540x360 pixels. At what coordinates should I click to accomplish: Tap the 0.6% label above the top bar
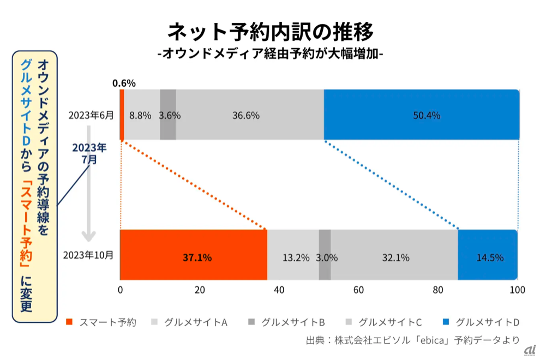coord(124,83)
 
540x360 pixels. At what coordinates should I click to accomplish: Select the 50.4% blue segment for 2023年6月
coord(421,115)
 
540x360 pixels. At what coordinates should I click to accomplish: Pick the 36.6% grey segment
coord(249,115)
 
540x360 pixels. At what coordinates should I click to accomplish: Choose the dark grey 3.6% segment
coord(168,115)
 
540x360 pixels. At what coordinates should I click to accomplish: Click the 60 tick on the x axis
coord(358,290)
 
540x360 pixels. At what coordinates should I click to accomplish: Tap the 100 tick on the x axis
coord(517,290)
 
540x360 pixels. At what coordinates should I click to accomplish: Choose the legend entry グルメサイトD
coord(481,322)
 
